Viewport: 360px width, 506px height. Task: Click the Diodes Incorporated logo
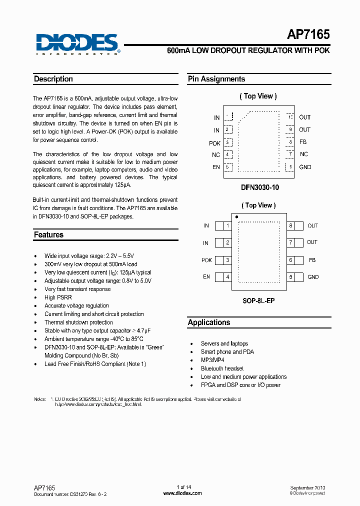(77, 43)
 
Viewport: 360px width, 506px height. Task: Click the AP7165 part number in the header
(308, 34)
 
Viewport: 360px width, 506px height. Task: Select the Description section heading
(53, 79)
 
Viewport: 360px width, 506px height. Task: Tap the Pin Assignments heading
(216, 79)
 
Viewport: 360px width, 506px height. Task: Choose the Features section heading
(48, 234)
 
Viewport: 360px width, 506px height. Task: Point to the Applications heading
(209, 322)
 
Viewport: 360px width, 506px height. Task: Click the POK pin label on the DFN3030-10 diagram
(215, 143)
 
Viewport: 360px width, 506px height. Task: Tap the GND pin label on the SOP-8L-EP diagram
(313, 277)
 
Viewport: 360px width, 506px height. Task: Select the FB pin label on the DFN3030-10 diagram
(303, 142)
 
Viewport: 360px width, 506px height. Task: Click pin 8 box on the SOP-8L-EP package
(290, 226)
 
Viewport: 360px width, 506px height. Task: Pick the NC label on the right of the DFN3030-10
(304, 154)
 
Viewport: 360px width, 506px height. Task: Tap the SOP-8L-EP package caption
(258, 301)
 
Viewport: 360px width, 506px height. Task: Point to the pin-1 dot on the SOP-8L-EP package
(236, 217)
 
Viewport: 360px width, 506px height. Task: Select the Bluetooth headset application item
(222, 368)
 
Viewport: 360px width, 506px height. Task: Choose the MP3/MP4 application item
(212, 360)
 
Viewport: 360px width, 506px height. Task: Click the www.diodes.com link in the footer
(183, 493)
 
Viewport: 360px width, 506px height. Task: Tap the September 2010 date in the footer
(308, 487)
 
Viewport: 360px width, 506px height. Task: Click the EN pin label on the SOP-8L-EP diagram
(206, 277)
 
